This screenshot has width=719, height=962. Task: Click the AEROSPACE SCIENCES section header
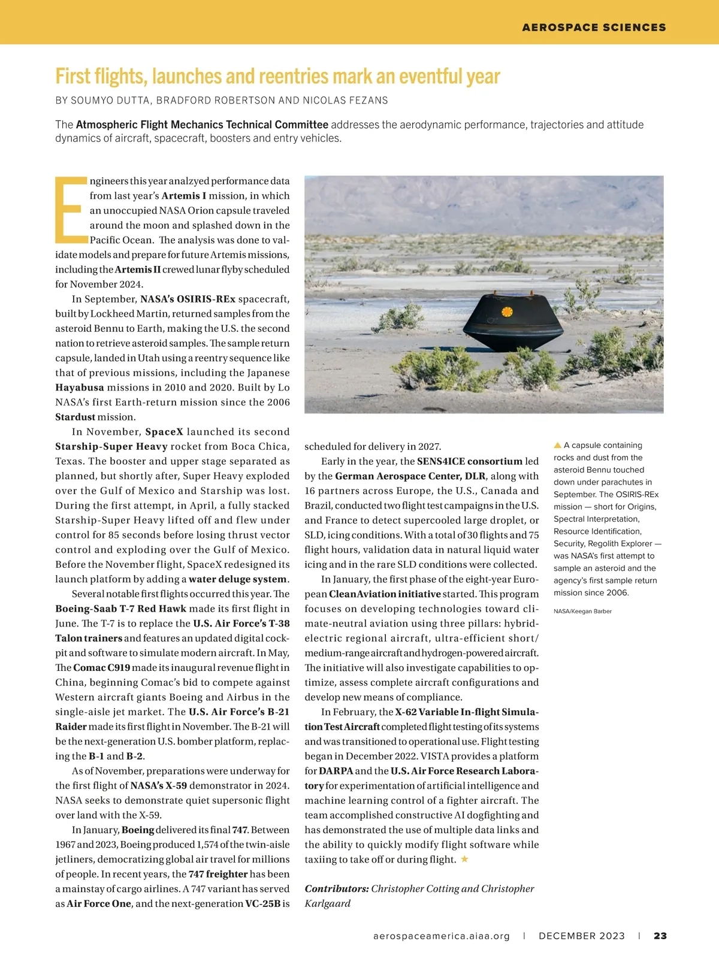pos(594,28)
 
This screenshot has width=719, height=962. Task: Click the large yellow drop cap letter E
pos(68,210)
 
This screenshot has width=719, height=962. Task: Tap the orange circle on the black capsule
pos(507,311)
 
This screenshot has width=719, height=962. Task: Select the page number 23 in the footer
pos(660,936)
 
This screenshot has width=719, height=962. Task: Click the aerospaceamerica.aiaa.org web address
pos(442,936)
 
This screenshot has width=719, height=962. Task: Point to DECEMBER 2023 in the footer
pos(582,936)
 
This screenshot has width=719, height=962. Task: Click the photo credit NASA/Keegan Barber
pos(582,611)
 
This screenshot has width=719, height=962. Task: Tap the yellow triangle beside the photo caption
pos(557,445)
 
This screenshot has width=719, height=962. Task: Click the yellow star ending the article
pos(464,859)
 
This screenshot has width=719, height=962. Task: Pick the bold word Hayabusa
pos(80,388)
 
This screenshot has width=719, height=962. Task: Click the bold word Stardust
pos(75,417)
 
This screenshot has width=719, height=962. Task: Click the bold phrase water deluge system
pos(238,579)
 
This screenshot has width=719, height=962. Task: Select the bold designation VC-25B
pos(262,903)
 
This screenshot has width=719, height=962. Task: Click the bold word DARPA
pos(336,771)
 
